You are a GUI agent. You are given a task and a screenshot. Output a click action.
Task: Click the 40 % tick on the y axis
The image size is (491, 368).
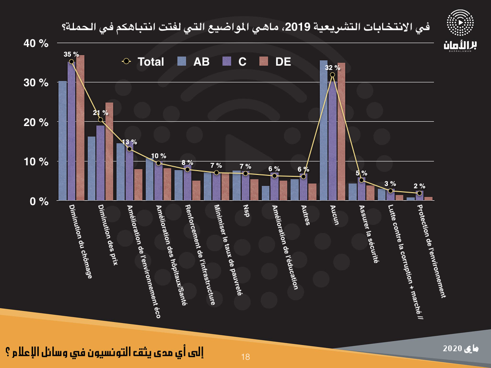click(x=37, y=44)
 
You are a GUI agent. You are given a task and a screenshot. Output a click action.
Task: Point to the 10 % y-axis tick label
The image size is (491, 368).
click(x=37, y=161)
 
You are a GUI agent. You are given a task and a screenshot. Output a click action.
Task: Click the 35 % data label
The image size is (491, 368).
click(x=71, y=54)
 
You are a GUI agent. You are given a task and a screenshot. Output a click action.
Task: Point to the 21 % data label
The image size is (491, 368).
click(x=101, y=113)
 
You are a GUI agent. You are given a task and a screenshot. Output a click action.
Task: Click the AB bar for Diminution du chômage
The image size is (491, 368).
click(x=62, y=141)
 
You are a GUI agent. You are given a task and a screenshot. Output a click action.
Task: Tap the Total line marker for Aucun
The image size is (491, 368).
click(x=332, y=74)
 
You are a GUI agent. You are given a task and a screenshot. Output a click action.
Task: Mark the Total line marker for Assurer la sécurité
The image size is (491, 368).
click(x=362, y=180)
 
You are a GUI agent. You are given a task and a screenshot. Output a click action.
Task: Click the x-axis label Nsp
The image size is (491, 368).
click(x=246, y=211)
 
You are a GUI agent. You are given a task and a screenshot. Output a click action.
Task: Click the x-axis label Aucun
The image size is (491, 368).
click(x=334, y=215)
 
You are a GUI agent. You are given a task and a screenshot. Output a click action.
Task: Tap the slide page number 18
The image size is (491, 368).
click(x=246, y=357)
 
